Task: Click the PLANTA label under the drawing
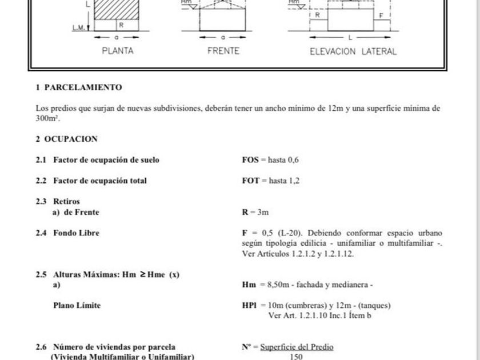[x=118, y=51]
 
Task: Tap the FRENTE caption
[x=223, y=51]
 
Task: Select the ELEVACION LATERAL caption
[x=353, y=51]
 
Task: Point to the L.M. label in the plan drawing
[x=79, y=27]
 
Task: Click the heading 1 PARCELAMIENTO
[x=79, y=87]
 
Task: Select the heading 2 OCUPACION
[x=67, y=139]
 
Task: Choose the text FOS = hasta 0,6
[x=270, y=160]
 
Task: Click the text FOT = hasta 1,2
[x=271, y=181]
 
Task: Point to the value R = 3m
[x=255, y=212]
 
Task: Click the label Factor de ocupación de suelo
[x=106, y=160]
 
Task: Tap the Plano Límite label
[x=77, y=305]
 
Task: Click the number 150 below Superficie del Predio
[x=296, y=357]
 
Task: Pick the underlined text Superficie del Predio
[x=297, y=347]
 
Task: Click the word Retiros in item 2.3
[x=66, y=201]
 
